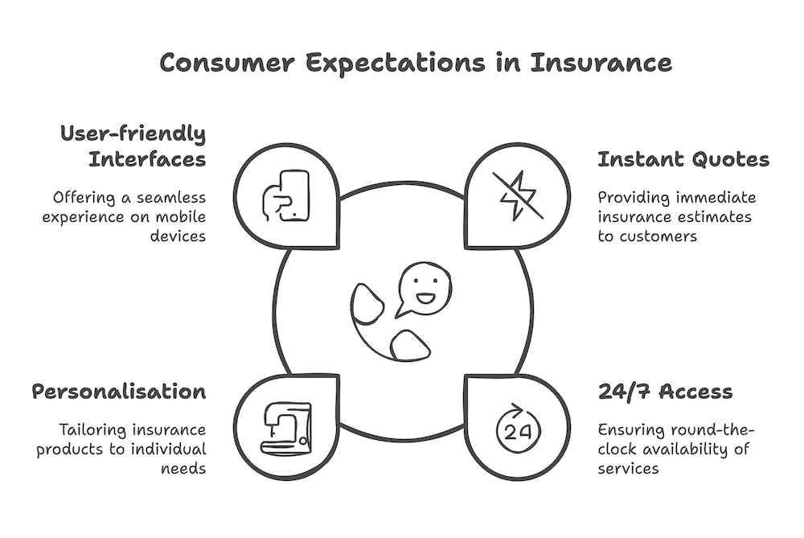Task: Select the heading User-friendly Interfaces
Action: click(x=133, y=146)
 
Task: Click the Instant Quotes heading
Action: click(x=683, y=159)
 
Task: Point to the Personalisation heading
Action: click(x=118, y=392)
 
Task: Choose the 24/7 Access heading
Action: click(x=665, y=392)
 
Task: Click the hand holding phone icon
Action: click(x=287, y=195)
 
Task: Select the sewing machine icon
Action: click(x=287, y=425)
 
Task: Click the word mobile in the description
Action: click(x=182, y=217)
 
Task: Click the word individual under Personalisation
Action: click(x=171, y=450)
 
